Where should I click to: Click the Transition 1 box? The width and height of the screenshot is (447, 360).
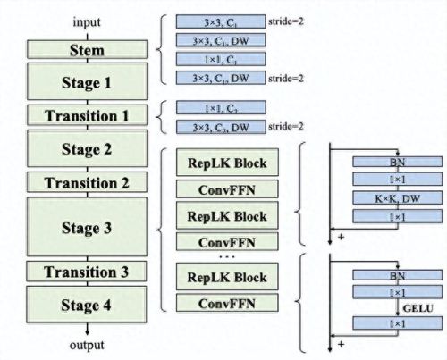88,115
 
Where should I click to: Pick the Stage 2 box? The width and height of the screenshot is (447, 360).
88,148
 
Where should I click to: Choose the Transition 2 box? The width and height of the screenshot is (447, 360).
88,182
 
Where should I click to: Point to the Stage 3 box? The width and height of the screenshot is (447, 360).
88,228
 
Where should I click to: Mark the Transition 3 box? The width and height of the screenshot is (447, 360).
88,272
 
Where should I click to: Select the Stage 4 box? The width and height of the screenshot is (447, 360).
88,305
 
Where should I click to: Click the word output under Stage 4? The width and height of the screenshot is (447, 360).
88,345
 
